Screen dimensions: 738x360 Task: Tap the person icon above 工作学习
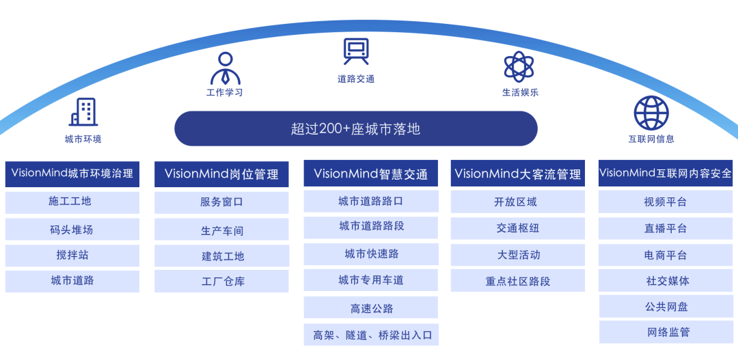point(225,69)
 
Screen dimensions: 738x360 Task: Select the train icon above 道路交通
point(356,51)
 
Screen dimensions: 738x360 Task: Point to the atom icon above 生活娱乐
point(519,66)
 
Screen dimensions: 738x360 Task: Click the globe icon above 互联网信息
point(651,113)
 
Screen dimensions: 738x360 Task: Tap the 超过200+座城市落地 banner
point(356,128)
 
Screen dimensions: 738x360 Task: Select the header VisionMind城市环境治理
point(72,174)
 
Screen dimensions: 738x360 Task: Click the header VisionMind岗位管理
point(221,174)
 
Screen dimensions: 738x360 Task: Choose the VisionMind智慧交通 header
point(371,174)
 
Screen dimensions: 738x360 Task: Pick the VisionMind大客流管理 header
point(518,174)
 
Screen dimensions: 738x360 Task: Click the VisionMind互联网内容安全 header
point(666,174)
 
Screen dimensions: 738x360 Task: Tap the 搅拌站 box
point(72,255)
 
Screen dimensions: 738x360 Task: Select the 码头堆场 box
point(72,230)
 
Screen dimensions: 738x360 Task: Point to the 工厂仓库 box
point(221,281)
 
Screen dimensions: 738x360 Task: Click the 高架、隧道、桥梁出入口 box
point(371,335)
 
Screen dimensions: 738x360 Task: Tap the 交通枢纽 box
point(518,228)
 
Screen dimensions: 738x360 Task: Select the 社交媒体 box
point(666,281)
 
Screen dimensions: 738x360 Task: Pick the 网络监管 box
point(666,332)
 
